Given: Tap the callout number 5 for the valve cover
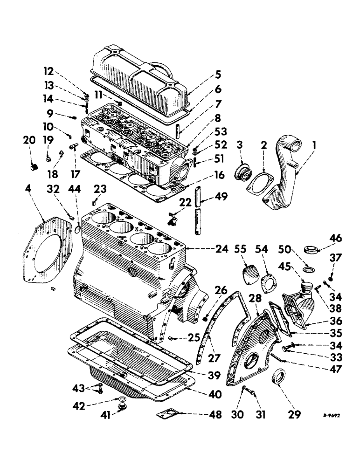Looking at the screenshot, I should (x=218, y=74).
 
